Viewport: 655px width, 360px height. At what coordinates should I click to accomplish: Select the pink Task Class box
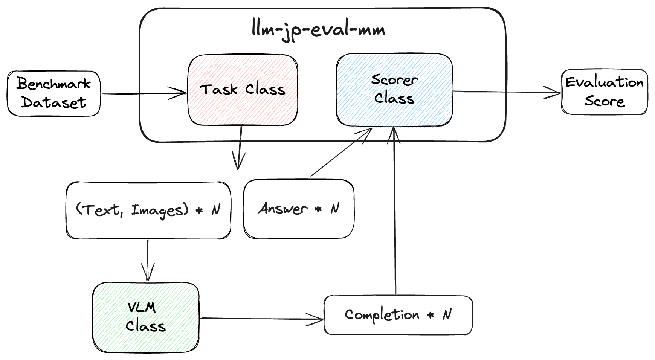(243, 90)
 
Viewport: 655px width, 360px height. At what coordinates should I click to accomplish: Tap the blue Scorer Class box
(394, 90)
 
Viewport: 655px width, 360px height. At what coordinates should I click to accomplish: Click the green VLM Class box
(146, 317)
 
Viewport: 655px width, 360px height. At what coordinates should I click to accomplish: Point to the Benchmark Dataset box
(54, 93)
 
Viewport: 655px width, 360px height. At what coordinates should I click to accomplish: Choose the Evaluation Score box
(604, 92)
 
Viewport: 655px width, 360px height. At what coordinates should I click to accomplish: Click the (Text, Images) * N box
(148, 210)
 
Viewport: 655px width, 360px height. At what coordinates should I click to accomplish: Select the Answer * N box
(299, 209)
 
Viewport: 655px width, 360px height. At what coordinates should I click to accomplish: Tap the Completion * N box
(398, 315)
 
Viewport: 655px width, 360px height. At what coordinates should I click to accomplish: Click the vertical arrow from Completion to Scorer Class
(395, 211)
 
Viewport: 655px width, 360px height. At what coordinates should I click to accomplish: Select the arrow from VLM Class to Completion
(261, 319)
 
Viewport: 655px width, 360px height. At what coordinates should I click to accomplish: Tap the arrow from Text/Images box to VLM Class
(148, 260)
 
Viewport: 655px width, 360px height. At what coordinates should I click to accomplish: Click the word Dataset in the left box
(54, 102)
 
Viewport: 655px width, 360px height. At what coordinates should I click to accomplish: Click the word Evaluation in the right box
(604, 82)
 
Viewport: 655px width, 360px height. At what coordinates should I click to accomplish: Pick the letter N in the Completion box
(447, 314)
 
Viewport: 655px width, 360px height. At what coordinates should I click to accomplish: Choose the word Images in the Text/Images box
(159, 211)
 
